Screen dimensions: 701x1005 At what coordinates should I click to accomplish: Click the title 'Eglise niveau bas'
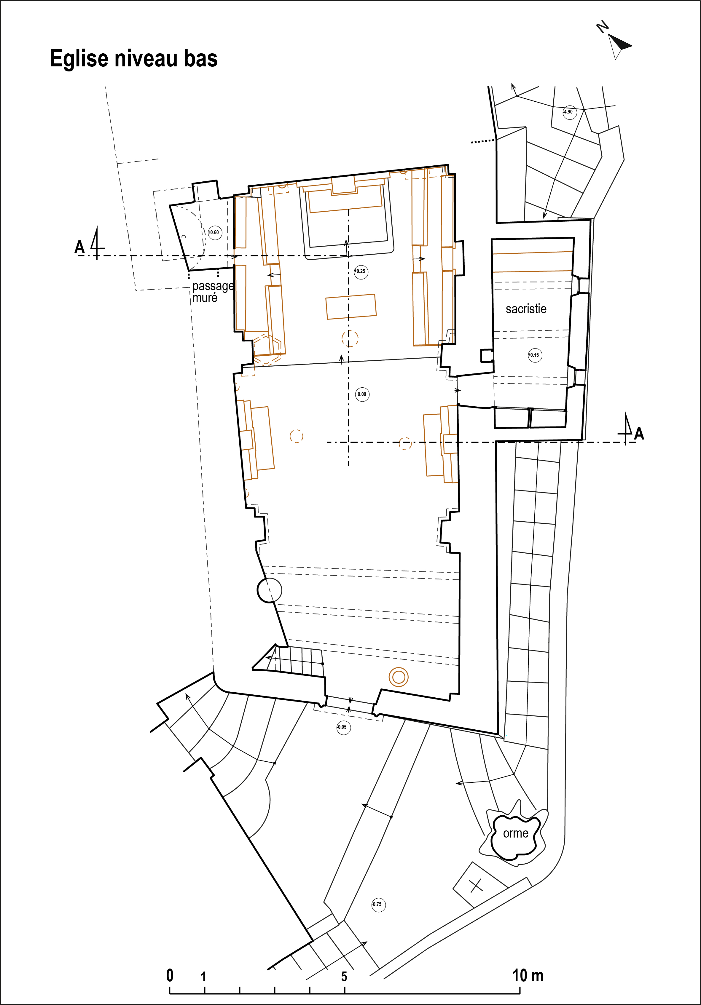pyautogui.click(x=133, y=59)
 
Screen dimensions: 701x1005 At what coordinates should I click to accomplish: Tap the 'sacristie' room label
pyautogui.click(x=526, y=309)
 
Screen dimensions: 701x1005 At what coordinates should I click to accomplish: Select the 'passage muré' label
pyautogui.click(x=213, y=292)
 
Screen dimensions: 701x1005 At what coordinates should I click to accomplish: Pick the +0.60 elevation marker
pyautogui.click(x=215, y=232)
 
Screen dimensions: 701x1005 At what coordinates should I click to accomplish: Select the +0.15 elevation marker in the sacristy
pyautogui.click(x=535, y=355)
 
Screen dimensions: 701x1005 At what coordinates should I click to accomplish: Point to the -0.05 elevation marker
pyautogui.click(x=343, y=727)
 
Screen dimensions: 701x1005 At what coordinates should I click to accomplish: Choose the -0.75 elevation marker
pyautogui.click(x=378, y=904)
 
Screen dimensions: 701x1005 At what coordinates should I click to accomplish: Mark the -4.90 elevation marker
pyautogui.click(x=569, y=112)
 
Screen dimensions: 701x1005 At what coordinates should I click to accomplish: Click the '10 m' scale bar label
pyautogui.click(x=528, y=975)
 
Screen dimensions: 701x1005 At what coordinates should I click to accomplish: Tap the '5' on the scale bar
pyautogui.click(x=344, y=977)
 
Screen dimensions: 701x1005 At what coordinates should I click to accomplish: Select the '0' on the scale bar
pyautogui.click(x=170, y=975)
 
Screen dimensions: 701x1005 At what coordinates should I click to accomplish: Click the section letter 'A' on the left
pyautogui.click(x=79, y=247)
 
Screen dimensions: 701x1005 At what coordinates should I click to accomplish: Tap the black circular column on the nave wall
pyautogui.click(x=269, y=590)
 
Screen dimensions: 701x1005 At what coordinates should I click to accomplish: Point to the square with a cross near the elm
pyautogui.click(x=476, y=885)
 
